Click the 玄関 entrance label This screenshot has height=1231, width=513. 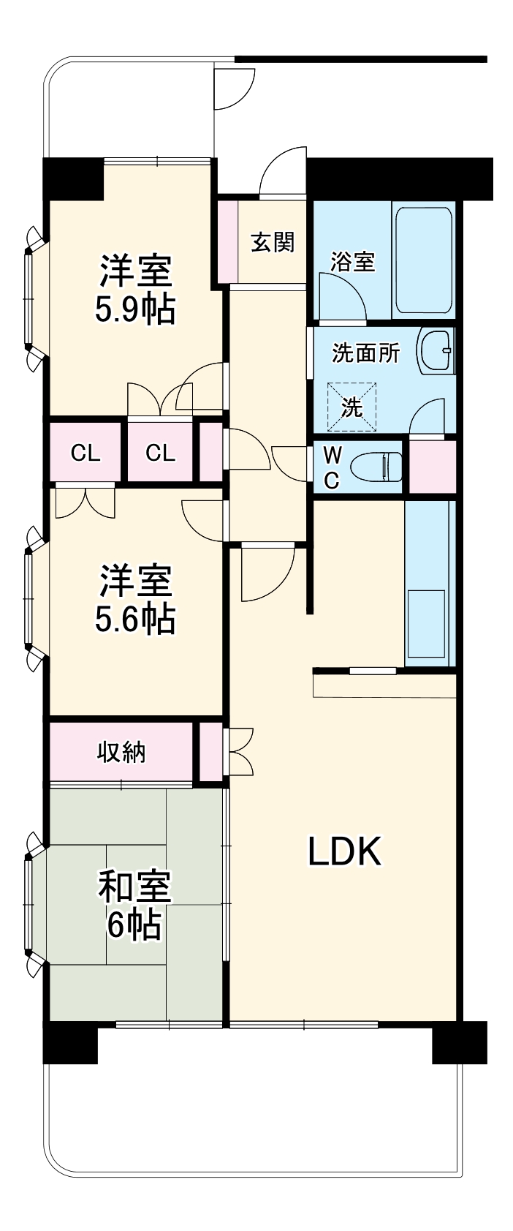click(272, 242)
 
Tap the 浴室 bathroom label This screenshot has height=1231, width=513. click(352, 261)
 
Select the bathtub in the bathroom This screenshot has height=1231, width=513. click(424, 260)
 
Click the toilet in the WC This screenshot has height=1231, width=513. click(377, 467)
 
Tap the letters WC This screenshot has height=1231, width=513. click(332, 467)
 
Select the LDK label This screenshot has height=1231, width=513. click(344, 851)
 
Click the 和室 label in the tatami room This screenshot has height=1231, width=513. click(135, 887)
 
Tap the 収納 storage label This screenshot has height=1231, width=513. click(122, 752)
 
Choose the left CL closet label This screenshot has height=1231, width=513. click(85, 453)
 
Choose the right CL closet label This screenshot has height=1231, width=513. click(160, 453)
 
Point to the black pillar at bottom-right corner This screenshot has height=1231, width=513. click(459, 1042)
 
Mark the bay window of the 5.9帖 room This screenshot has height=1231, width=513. click(31, 298)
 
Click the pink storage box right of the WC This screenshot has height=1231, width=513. click(432, 467)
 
